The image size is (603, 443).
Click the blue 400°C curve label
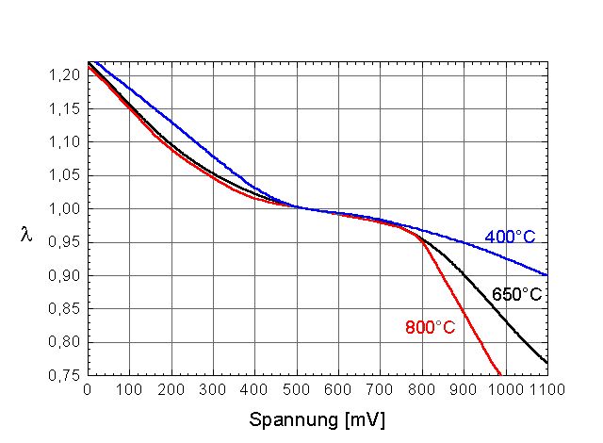(510, 237)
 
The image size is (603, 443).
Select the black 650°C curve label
(516, 295)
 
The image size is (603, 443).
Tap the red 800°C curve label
(430, 328)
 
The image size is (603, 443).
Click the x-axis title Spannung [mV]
(317, 418)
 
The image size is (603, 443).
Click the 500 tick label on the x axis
(296, 387)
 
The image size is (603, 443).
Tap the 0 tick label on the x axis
(88, 387)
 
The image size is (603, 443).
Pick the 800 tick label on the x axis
(421, 387)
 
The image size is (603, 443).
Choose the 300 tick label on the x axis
(213, 387)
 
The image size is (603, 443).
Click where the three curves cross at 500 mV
(296, 207)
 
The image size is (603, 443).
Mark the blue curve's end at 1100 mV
(546, 275)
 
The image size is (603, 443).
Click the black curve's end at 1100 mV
(546, 362)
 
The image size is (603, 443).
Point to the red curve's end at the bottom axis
(500, 374)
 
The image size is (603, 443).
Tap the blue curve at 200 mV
(171, 120)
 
